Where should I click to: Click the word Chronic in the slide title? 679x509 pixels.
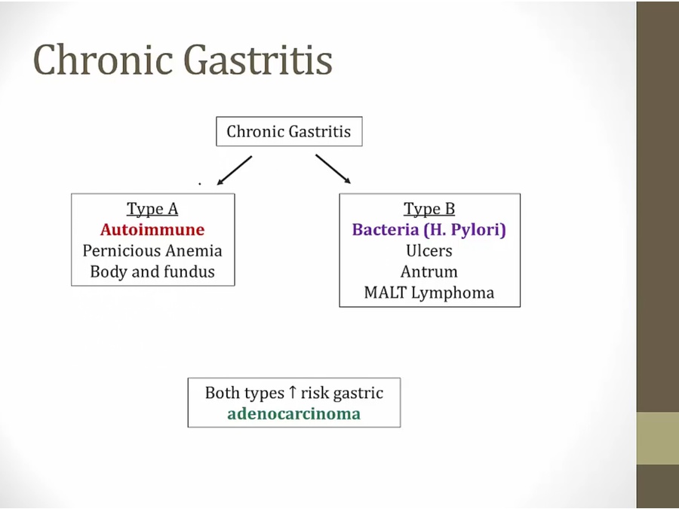tap(103, 59)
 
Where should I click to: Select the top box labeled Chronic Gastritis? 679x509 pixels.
tap(288, 131)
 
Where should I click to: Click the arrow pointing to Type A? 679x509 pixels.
tap(234, 170)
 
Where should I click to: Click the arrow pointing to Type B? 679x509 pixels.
tap(333, 170)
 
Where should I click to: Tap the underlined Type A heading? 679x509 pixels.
tap(152, 209)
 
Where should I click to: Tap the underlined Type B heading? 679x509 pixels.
tap(429, 209)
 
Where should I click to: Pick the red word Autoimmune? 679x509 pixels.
tap(152, 229)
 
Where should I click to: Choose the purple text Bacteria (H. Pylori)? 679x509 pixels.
tap(429, 229)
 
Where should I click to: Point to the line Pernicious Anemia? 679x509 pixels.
tap(152, 250)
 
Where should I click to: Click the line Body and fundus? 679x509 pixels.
tap(152, 271)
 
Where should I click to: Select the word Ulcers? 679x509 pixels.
tap(429, 250)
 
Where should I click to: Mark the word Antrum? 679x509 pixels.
tap(429, 271)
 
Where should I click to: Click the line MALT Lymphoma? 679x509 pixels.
tap(429, 293)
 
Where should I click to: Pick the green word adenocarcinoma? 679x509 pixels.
tap(293, 413)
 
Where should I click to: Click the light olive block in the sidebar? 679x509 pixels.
tap(657, 438)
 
